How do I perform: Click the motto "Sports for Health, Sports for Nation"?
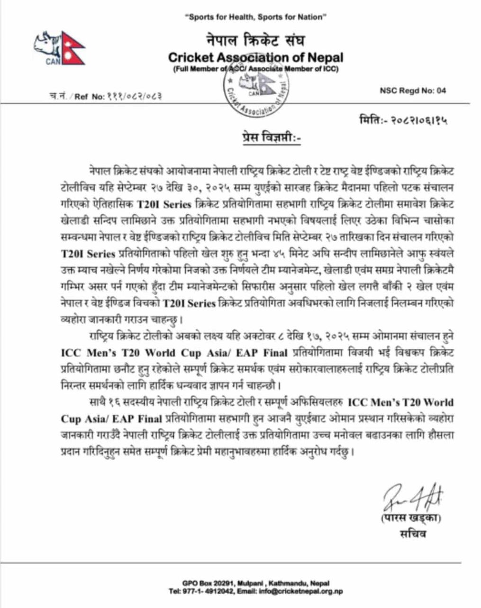(x=256, y=18)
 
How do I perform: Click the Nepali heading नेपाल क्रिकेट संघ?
(x=255, y=40)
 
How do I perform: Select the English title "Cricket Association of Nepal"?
(x=255, y=57)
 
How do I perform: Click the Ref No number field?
(x=133, y=96)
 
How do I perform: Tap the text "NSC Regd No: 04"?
(x=413, y=91)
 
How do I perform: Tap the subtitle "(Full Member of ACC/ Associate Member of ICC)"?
(x=255, y=69)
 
